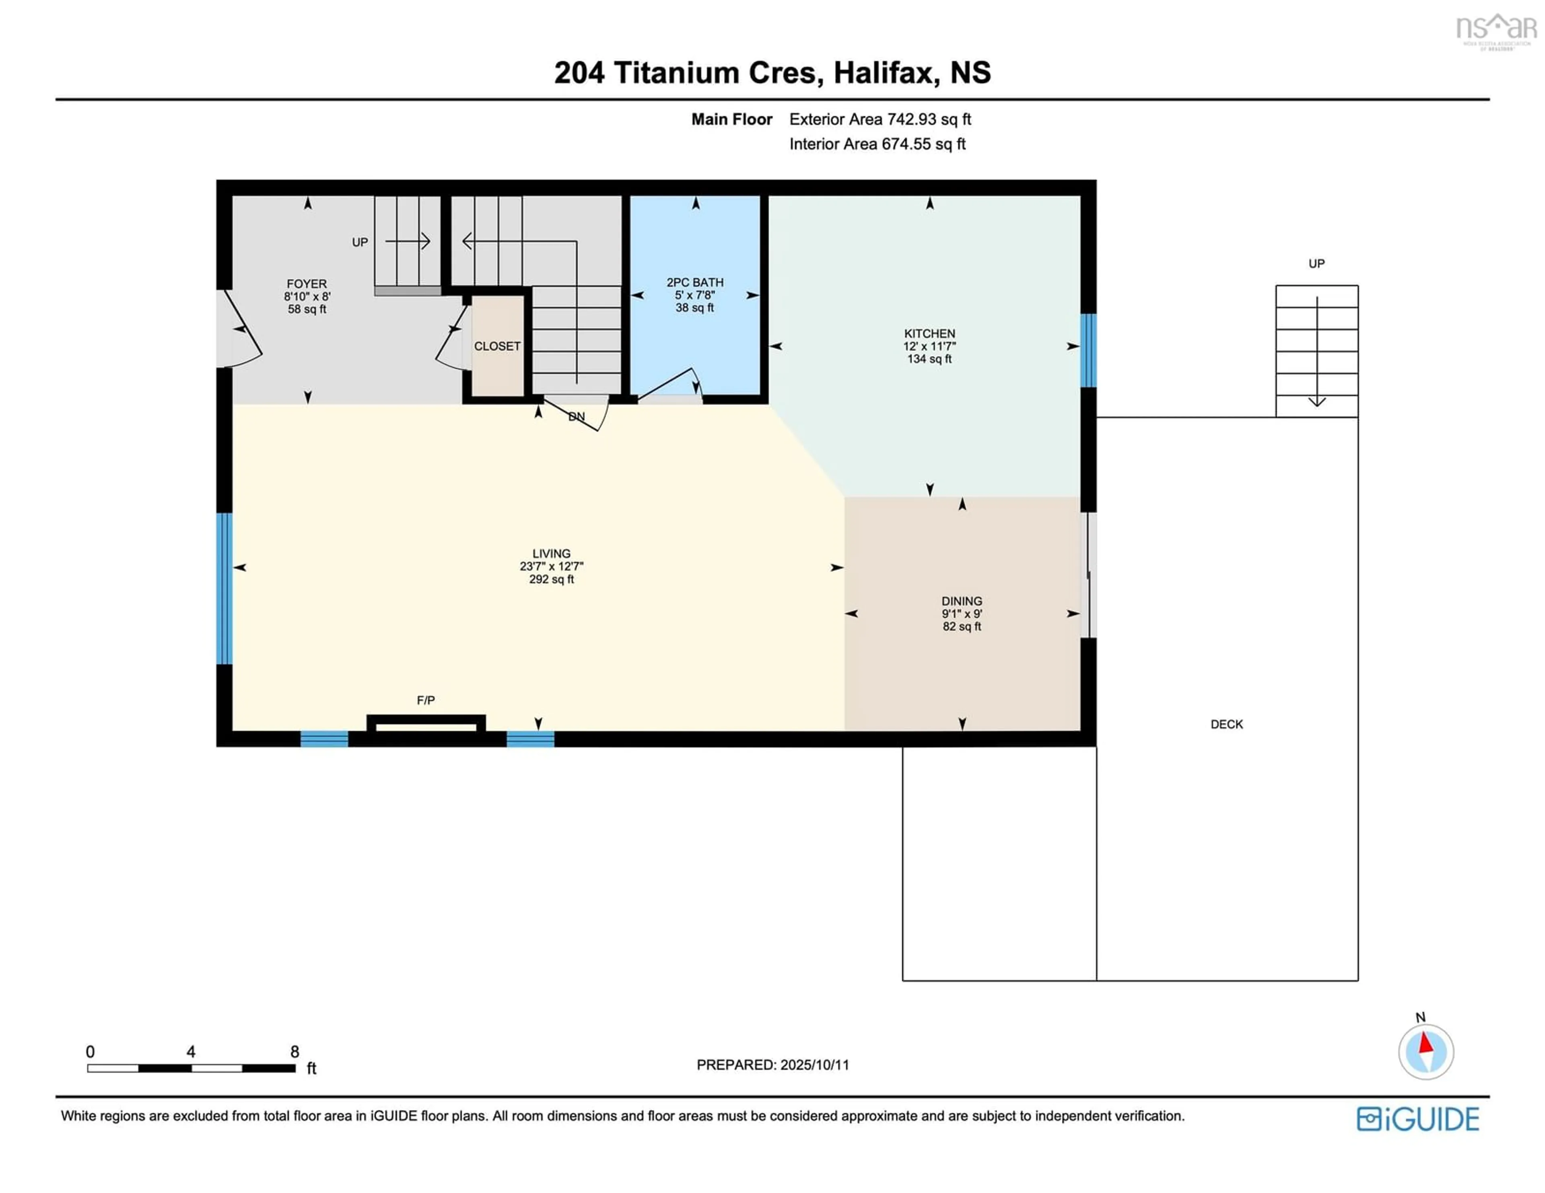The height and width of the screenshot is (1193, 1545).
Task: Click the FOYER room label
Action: (x=307, y=284)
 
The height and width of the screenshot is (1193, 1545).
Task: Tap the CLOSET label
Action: (x=497, y=346)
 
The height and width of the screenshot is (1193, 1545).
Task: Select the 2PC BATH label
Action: (x=695, y=282)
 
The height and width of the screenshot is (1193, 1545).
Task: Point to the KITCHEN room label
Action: (x=929, y=333)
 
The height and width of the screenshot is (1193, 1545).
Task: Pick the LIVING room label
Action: (x=551, y=554)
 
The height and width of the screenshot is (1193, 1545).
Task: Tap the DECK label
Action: (x=1227, y=724)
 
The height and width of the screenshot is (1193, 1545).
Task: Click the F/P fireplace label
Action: (x=426, y=700)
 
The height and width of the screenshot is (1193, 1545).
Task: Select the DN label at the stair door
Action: (x=577, y=417)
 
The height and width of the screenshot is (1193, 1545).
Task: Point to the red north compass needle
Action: (x=1426, y=1044)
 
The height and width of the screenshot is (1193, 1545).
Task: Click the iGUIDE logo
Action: (x=1418, y=1119)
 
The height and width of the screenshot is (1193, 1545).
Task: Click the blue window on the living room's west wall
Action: (x=224, y=588)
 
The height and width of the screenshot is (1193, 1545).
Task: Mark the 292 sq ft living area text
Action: (x=551, y=579)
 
